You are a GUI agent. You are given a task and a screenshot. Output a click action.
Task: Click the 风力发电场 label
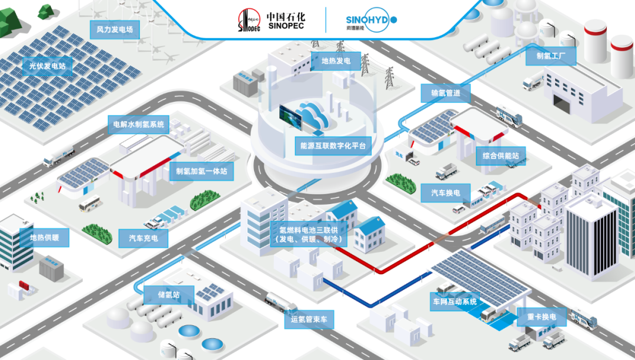115,29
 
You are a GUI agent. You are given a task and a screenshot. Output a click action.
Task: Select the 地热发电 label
336,61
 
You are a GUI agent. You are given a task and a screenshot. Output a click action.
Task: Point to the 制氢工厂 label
550,56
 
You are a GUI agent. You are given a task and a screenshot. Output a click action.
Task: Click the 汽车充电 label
143,238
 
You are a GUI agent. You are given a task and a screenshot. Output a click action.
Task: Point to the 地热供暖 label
44,238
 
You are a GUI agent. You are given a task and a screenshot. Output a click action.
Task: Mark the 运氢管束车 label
312,320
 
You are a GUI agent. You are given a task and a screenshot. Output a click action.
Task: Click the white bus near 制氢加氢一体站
91,204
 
